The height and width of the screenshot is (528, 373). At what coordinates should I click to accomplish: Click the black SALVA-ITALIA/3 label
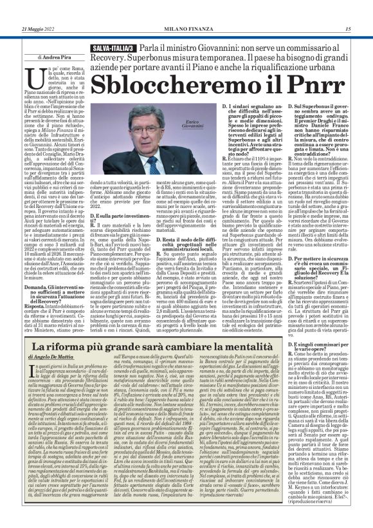(x=114, y=49)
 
